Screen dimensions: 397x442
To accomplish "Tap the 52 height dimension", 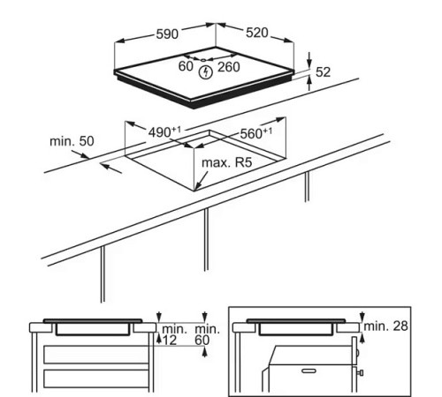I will pyautogui.click(x=323, y=72).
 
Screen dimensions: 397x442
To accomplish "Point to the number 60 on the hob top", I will pyautogui.click(x=186, y=67).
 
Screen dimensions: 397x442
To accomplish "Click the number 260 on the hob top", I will pyautogui.click(x=228, y=67).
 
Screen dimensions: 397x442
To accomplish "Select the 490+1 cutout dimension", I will pyautogui.click(x=164, y=131).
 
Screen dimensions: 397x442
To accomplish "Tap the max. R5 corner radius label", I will pyautogui.click(x=229, y=165).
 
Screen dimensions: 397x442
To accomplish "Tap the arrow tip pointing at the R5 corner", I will pyautogui.click(x=199, y=190).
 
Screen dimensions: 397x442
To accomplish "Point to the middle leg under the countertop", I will pyautogui.click(x=206, y=238).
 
